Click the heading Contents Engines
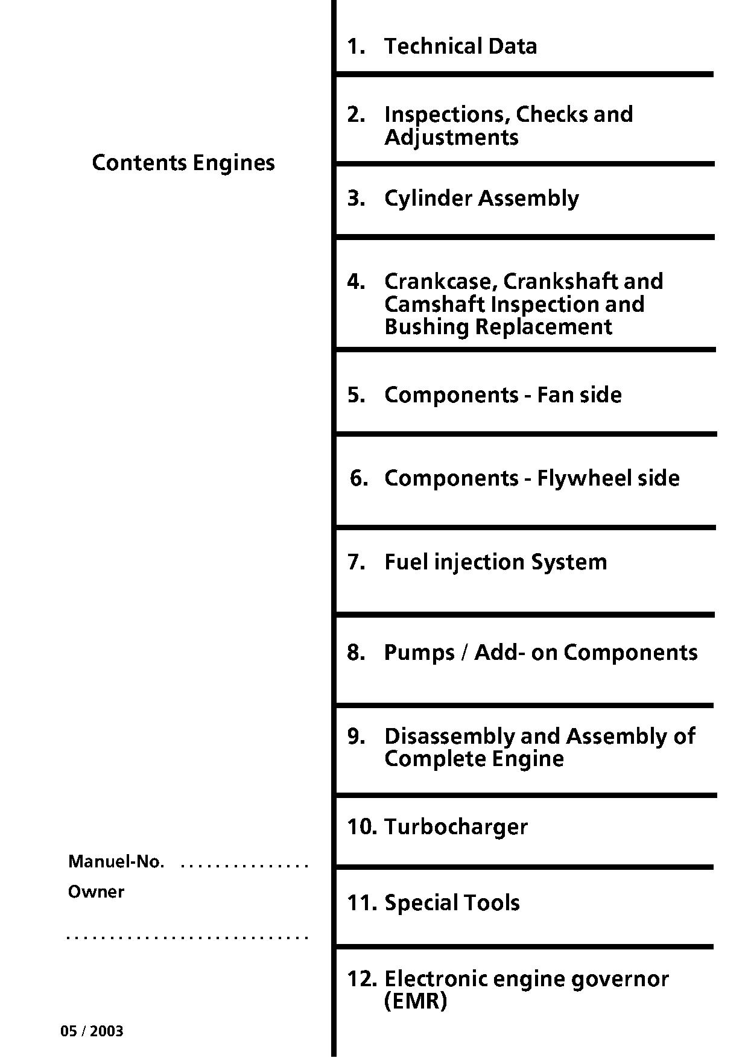tap(183, 163)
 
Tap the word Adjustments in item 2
tap(451, 138)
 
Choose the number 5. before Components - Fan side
tap(357, 395)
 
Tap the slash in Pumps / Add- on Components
tap(464, 653)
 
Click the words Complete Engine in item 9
tap(474, 759)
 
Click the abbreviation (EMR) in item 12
tap(416, 1002)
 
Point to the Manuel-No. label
tap(116, 861)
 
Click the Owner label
tap(96, 892)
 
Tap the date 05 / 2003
tap(92, 1031)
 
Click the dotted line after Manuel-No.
tap(245, 866)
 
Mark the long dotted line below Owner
tap(188, 938)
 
